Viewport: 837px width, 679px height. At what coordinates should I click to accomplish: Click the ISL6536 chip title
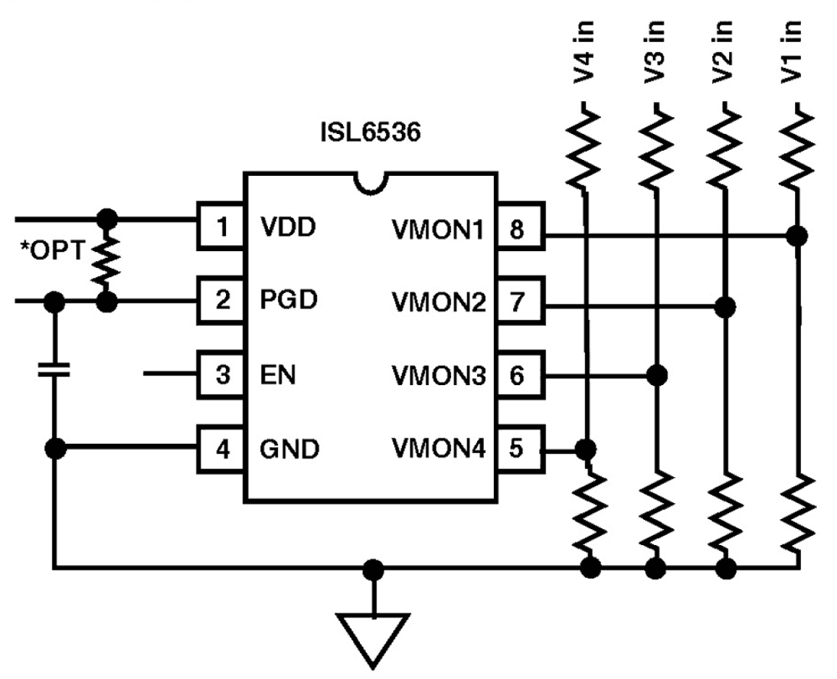(x=371, y=133)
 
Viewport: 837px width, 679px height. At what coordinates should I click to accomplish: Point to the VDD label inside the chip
(x=288, y=227)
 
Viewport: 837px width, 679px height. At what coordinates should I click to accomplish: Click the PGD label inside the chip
(x=289, y=300)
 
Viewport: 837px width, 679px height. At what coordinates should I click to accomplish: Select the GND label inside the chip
(x=289, y=449)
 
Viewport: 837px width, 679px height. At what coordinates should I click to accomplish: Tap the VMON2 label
(x=438, y=303)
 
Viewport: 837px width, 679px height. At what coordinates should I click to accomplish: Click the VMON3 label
(x=438, y=376)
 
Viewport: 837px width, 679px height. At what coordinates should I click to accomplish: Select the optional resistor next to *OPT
(x=106, y=261)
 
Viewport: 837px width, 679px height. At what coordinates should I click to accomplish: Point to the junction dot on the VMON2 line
(x=725, y=307)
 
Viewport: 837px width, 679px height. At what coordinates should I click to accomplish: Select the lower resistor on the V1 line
(x=798, y=512)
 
